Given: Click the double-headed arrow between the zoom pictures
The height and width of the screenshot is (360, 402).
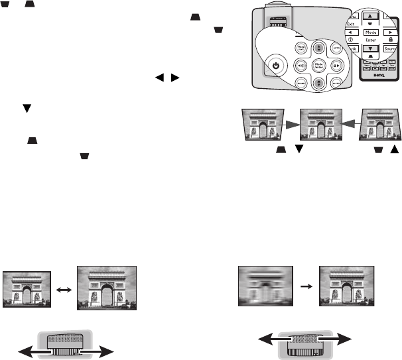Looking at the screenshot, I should [64, 289].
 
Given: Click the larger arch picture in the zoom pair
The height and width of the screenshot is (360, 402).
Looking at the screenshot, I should [107, 287].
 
